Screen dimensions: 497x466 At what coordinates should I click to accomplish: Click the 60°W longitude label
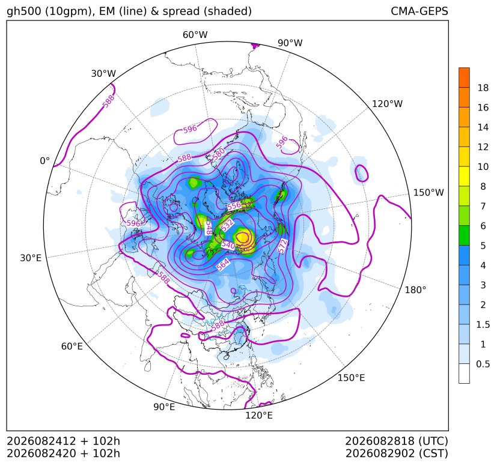pos(195,35)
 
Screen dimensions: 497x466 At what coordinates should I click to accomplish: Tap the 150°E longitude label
pos(351,378)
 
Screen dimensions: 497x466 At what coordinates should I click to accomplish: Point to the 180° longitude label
pos(415,290)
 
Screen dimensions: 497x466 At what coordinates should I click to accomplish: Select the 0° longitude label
pos(44,161)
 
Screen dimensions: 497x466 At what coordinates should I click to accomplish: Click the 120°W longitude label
pos(387,104)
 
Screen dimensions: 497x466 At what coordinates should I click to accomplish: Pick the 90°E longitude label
pos(164,407)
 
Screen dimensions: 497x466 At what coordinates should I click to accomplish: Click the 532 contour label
pos(228,225)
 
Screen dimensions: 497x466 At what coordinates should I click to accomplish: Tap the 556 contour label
pos(234,206)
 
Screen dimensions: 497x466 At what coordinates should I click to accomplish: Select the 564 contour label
pos(223,264)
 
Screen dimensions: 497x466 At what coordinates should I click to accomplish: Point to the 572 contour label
pos(282,246)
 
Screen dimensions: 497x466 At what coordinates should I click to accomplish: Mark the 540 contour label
pos(228,245)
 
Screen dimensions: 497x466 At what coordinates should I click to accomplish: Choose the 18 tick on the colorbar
pos(483,88)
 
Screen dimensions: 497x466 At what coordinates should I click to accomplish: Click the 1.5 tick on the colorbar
pos(483,325)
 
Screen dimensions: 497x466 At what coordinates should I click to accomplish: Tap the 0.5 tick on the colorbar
pos(483,365)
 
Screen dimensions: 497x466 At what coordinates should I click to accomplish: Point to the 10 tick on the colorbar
pos(483,167)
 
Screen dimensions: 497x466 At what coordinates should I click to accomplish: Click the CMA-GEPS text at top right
pos(419,11)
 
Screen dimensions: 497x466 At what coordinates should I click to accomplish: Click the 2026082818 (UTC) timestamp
pos(397,441)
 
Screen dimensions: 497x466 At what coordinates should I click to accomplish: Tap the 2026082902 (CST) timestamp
pos(397,453)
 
